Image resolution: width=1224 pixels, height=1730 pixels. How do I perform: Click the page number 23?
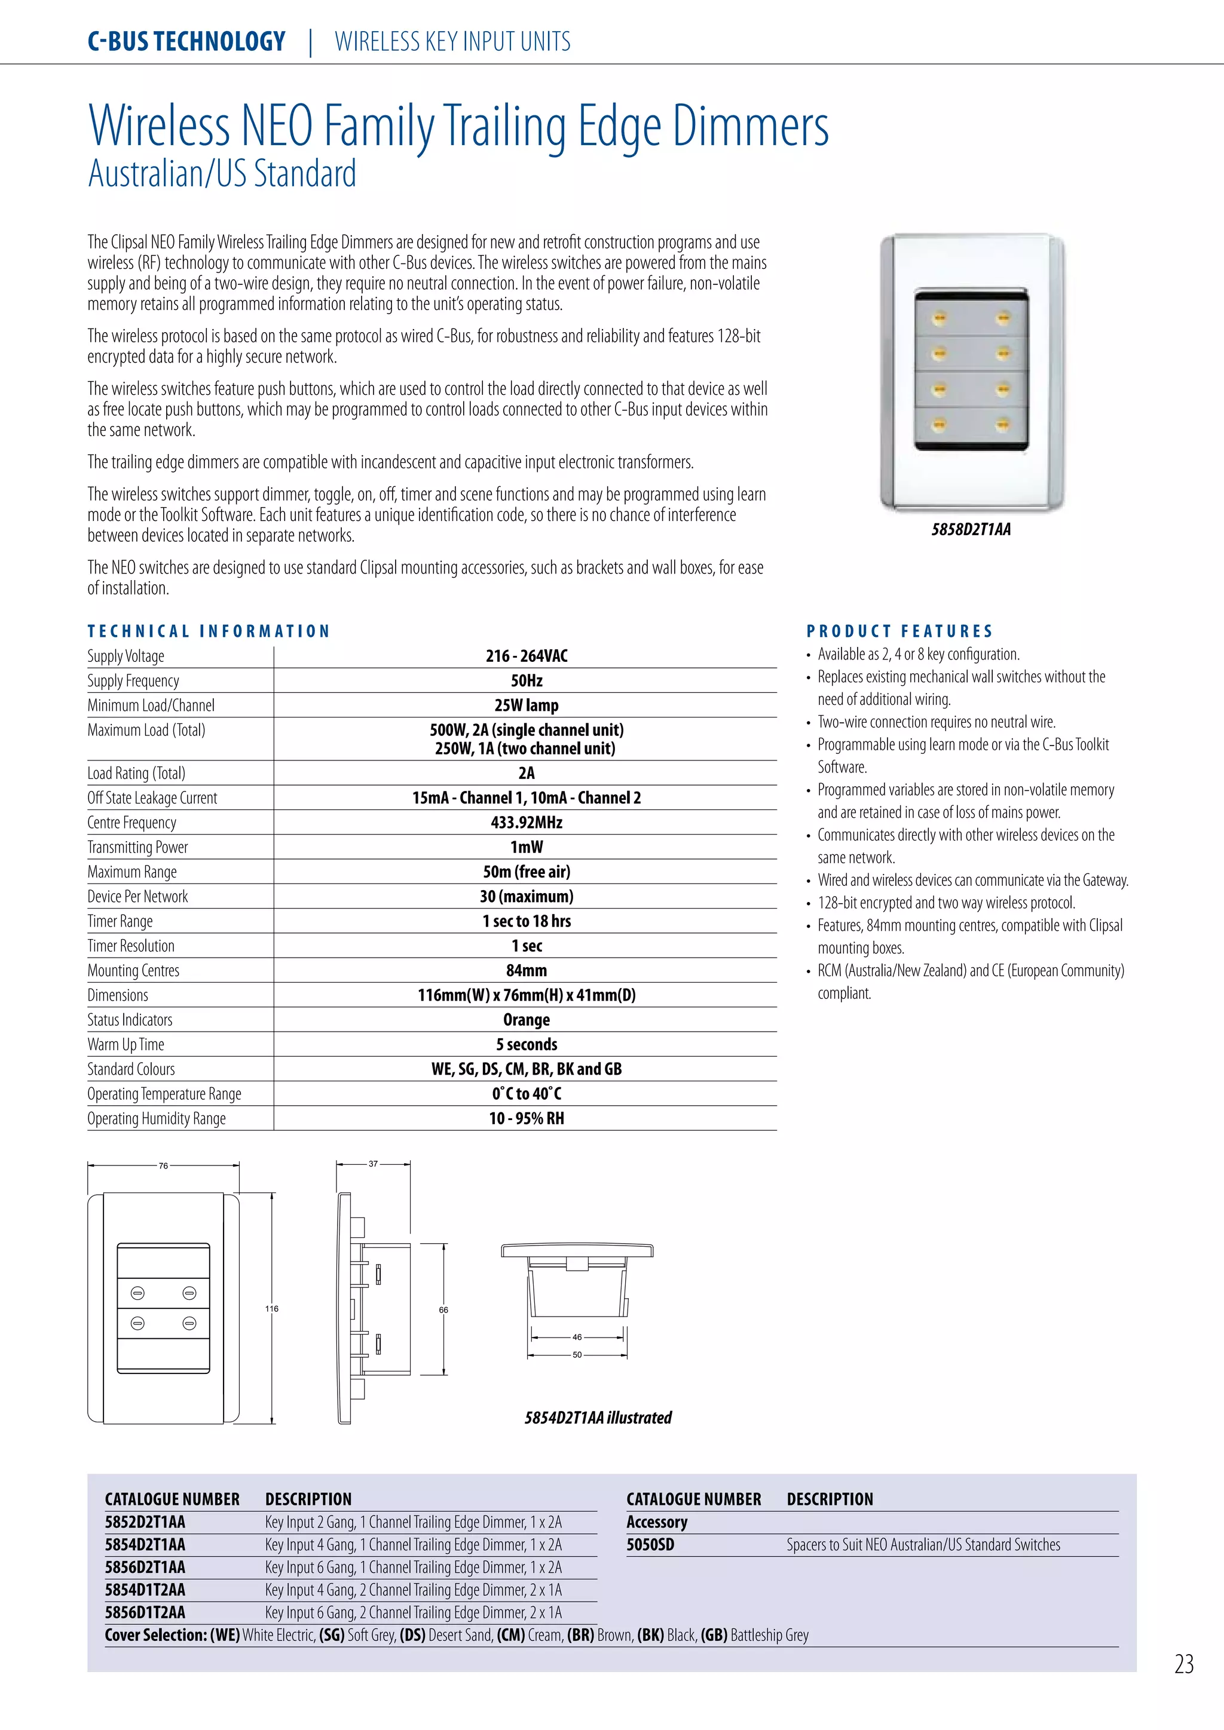[1184, 1664]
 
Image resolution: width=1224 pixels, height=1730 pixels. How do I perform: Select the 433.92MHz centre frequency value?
[526, 822]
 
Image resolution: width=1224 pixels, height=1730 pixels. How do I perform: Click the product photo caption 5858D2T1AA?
[971, 530]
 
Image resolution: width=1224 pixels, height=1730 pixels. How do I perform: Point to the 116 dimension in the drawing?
[271, 1309]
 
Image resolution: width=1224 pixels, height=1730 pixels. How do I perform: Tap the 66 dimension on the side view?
[443, 1309]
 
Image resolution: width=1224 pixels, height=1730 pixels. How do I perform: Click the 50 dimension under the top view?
[577, 1355]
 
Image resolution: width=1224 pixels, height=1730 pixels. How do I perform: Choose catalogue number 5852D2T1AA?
[145, 1522]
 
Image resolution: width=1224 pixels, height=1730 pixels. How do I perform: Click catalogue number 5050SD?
[650, 1545]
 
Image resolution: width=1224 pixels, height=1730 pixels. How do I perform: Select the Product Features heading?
[900, 631]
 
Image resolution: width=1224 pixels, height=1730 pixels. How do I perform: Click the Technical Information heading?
[209, 631]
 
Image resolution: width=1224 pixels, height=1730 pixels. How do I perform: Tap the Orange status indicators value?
[526, 1020]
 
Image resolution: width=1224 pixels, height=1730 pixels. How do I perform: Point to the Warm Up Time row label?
[126, 1044]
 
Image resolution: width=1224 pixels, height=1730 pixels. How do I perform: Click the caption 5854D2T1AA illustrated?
[598, 1418]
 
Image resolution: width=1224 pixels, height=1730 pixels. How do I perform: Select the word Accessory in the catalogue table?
[657, 1522]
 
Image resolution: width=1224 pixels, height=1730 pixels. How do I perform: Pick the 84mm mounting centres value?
[526, 971]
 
